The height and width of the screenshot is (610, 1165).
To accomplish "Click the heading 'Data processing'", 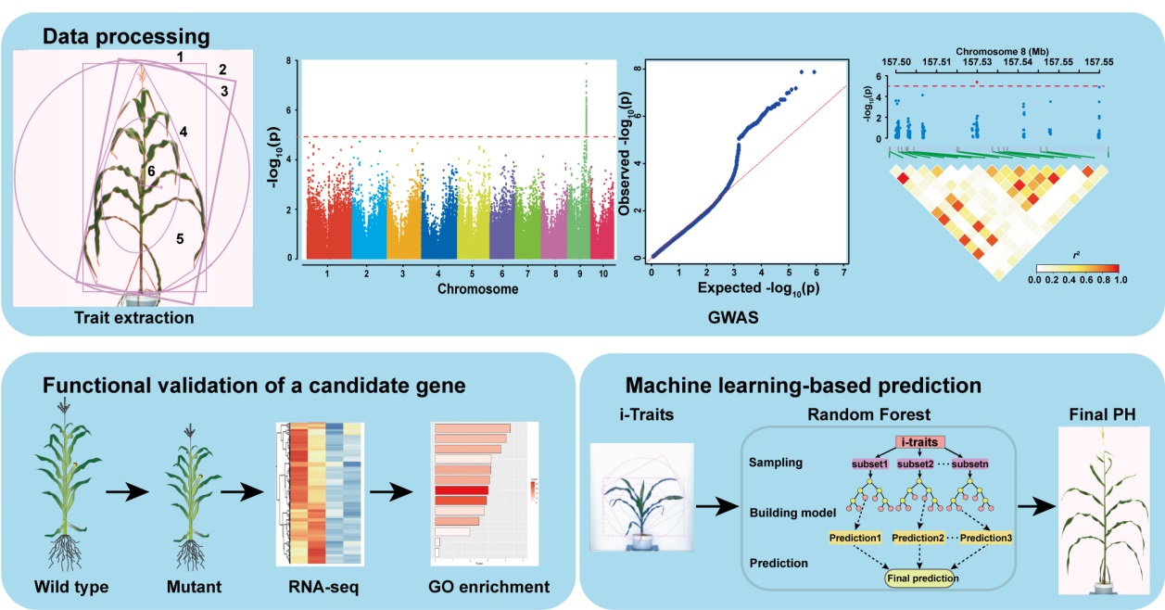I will click(126, 37).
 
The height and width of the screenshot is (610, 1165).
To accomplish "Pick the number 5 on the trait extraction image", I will click(179, 238).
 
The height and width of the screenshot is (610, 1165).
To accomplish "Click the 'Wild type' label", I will click(71, 587).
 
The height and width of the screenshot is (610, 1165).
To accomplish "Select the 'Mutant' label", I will click(192, 587).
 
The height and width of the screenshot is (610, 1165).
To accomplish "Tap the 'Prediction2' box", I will click(920, 537).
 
